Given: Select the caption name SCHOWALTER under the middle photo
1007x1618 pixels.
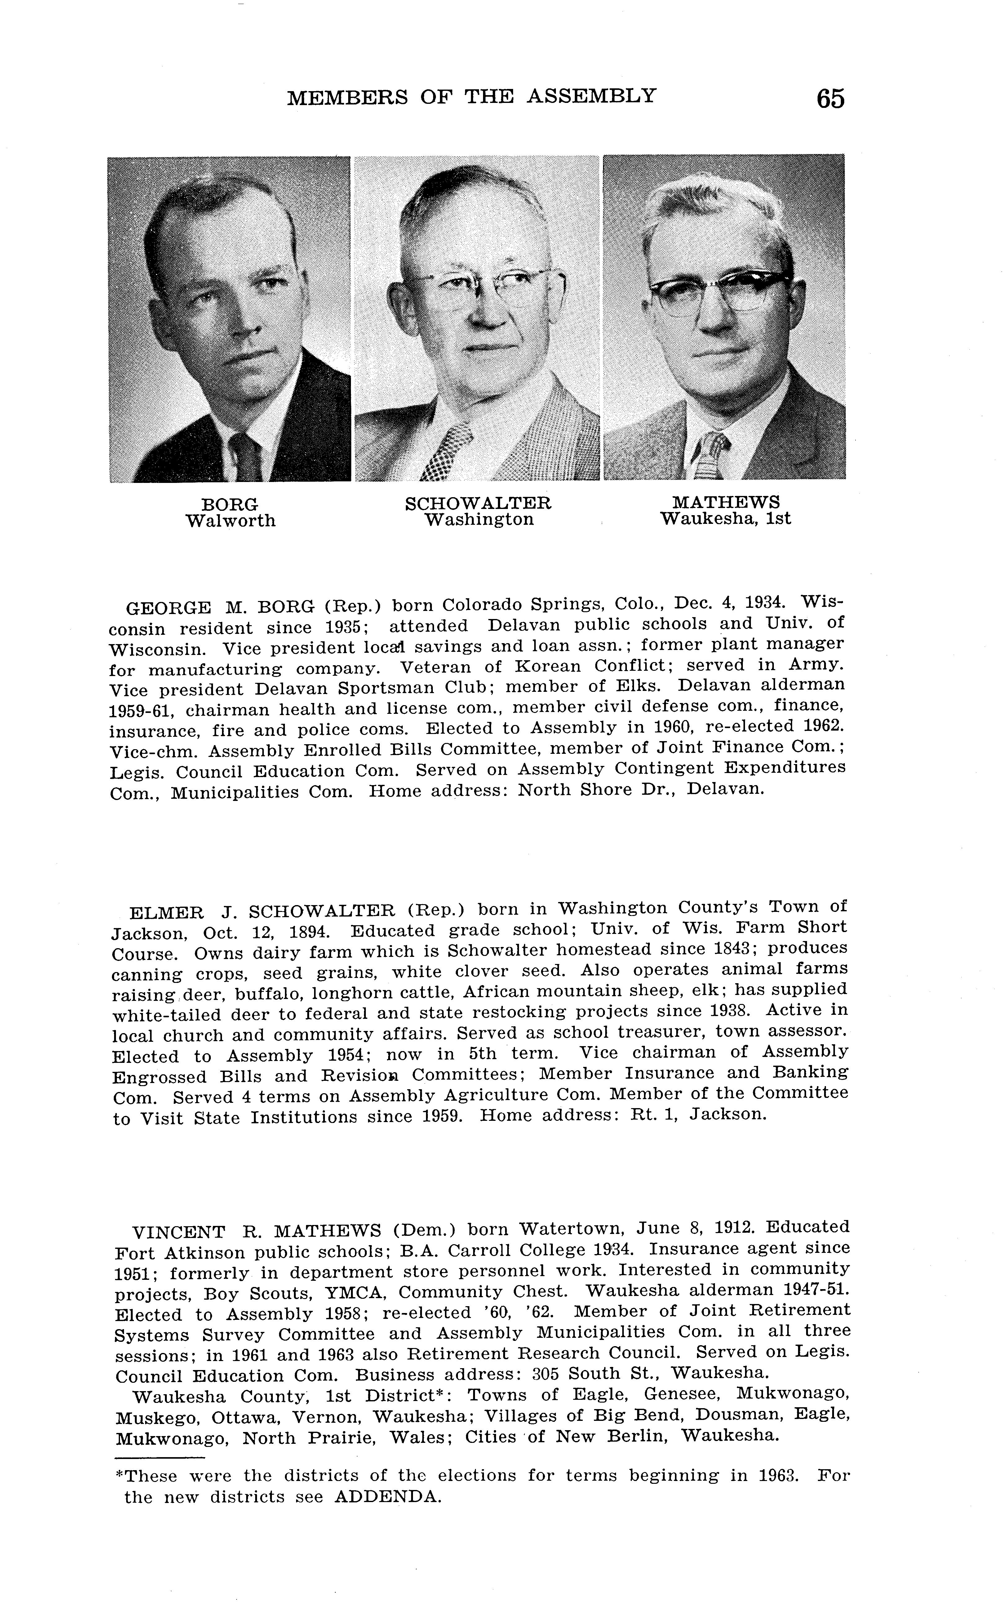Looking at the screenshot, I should click(478, 503).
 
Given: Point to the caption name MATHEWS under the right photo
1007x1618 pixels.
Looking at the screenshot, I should click(726, 502).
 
